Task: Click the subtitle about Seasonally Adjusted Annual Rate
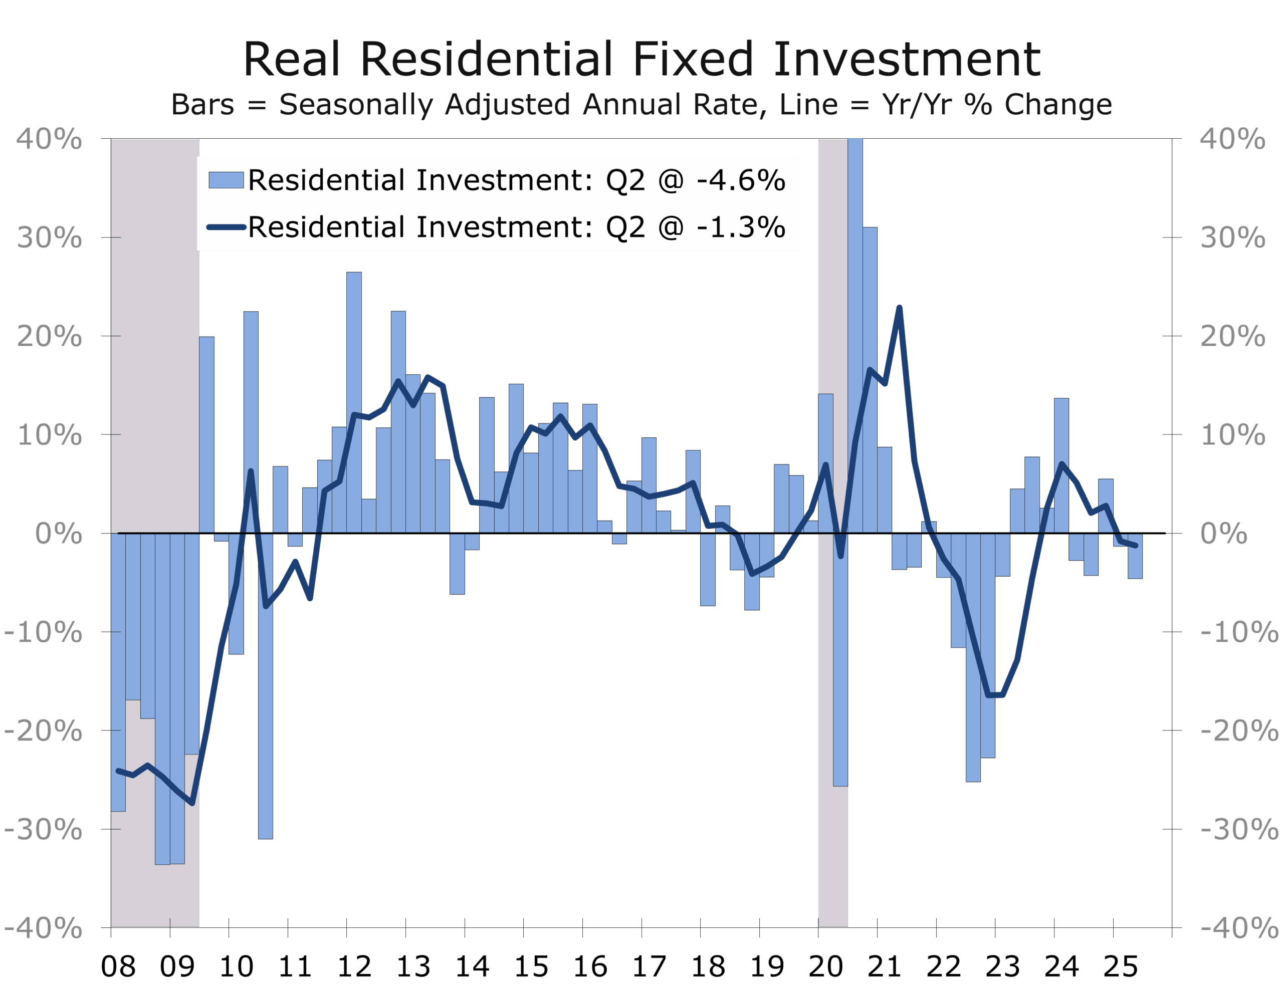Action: point(641,105)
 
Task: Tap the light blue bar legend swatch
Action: point(226,180)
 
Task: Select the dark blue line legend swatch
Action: point(226,227)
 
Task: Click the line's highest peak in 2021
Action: point(899,307)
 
